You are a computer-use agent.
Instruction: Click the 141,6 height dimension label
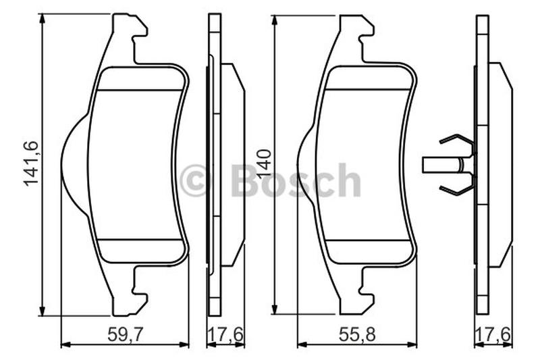pyautogui.click(x=31, y=164)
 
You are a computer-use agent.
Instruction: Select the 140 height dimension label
pyautogui.click(x=265, y=163)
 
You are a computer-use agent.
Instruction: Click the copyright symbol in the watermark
pyautogui.click(x=194, y=180)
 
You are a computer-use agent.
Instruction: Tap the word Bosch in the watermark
pyautogui.click(x=296, y=180)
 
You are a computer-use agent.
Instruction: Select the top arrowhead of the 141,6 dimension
pyautogui.click(x=43, y=19)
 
